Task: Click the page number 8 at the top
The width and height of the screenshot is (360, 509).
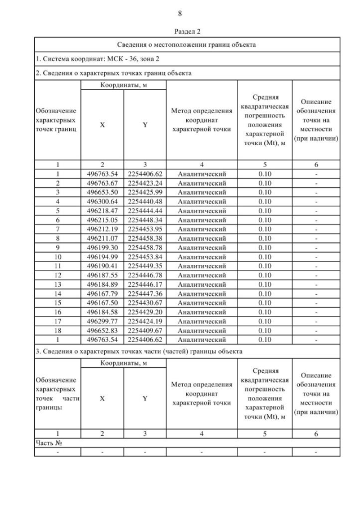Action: [x=179, y=13]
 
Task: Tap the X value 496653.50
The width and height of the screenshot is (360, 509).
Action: [x=102, y=192]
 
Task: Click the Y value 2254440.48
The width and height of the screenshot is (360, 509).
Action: [x=145, y=202]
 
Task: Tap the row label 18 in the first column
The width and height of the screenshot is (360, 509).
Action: [x=57, y=330]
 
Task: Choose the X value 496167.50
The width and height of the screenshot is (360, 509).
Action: [x=102, y=303]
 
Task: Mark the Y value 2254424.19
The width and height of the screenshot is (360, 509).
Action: [x=145, y=321]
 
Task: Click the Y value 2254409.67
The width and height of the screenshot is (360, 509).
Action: [x=145, y=330]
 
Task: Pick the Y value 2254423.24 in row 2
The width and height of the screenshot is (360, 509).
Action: [x=145, y=183]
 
